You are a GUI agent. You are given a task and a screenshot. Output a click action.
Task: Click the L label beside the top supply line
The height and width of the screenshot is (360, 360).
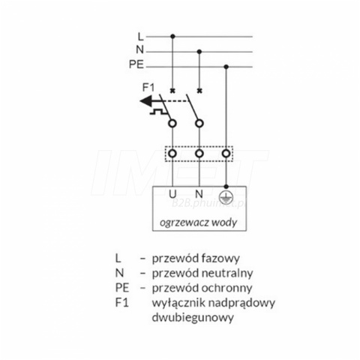(x=141, y=37)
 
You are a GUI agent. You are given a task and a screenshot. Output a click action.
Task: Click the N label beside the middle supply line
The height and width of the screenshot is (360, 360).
(x=140, y=49)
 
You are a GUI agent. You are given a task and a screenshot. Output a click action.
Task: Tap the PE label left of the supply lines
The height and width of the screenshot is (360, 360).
(x=136, y=64)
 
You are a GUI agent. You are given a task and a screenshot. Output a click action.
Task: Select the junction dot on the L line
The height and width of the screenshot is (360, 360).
(x=172, y=37)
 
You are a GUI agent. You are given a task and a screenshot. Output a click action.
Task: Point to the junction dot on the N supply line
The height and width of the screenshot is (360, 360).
(x=199, y=52)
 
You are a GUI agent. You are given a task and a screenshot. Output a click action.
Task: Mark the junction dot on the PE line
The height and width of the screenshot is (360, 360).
(x=226, y=67)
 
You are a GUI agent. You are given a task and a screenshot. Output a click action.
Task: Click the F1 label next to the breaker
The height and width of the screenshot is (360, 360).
(x=148, y=88)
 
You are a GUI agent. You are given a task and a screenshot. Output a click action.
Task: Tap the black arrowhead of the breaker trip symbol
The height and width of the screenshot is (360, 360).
(x=145, y=101)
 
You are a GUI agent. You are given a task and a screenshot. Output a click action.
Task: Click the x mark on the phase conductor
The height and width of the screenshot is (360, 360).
(x=172, y=91)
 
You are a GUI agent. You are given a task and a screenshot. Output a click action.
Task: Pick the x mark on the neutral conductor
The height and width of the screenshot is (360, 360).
(x=199, y=91)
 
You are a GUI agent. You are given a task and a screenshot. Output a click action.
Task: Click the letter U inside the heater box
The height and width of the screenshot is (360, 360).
(x=172, y=194)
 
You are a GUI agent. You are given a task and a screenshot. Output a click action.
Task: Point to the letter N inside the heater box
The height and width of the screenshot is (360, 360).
(x=199, y=193)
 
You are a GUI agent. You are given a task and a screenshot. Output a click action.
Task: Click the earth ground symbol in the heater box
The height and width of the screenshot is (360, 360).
(x=225, y=196)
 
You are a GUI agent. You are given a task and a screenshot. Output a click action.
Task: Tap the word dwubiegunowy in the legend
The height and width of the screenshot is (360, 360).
(x=193, y=317)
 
